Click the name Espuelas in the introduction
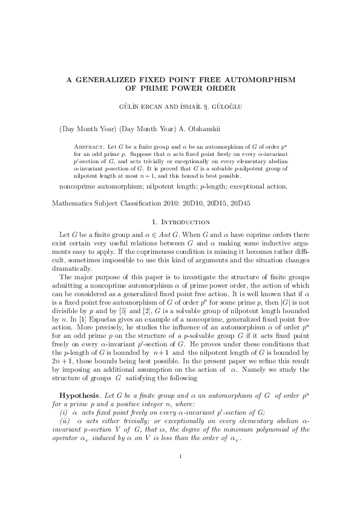click(92, 332)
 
